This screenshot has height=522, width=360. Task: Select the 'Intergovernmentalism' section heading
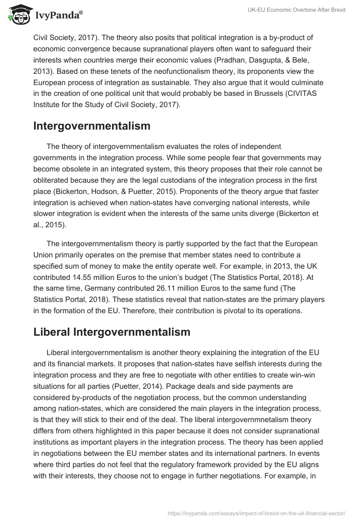(x=92, y=126)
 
